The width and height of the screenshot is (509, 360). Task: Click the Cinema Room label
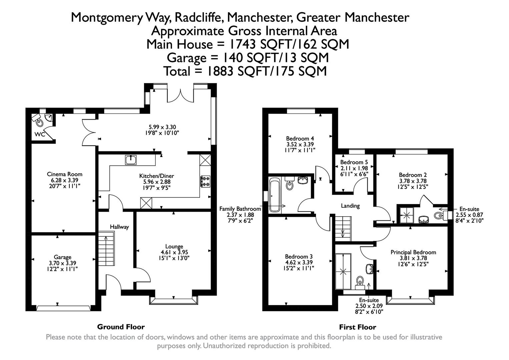tap(64, 174)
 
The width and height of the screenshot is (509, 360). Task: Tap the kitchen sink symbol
tap(131, 160)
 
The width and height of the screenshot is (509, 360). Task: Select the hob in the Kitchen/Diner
tap(205, 181)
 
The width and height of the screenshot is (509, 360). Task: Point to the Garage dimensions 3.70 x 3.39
tap(63, 263)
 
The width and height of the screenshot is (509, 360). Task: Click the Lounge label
tap(174, 246)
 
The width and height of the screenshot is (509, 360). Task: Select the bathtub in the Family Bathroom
tap(275, 195)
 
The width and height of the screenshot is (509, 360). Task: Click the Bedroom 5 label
tap(354, 162)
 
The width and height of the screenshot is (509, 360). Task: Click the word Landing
tap(350, 206)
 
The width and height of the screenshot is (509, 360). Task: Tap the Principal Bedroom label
tap(413, 252)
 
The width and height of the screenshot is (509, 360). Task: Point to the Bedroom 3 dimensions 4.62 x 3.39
tap(299, 262)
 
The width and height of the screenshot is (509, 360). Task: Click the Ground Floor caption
tap(121, 327)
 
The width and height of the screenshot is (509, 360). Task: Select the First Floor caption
tap(357, 327)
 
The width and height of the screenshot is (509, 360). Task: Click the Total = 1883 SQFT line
tap(245, 71)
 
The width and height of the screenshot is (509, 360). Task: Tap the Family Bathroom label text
tap(240, 209)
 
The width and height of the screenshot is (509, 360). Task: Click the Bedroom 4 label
tap(300, 138)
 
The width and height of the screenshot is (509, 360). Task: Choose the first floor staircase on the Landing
tap(343, 228)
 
